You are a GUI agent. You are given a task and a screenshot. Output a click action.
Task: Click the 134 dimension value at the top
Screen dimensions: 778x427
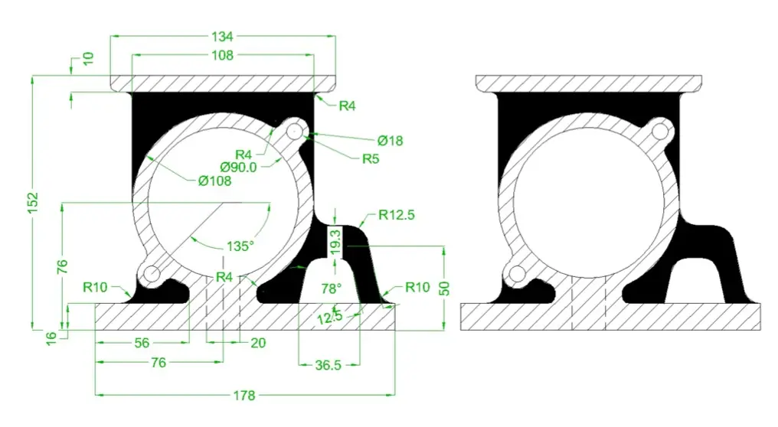point(222,36)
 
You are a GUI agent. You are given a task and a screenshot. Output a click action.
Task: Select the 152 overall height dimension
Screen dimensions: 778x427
point(33,202)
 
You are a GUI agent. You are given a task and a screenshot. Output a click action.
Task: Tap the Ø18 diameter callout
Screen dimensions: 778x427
point(390,141)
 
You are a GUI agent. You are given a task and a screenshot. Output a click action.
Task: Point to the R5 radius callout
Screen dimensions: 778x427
point(371,158)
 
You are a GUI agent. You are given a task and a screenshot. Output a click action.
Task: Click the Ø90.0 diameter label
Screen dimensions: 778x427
point(239,167)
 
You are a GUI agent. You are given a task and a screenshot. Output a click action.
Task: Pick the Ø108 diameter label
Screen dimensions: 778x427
point(215,181)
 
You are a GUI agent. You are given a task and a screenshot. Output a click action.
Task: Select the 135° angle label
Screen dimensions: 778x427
point(240,246)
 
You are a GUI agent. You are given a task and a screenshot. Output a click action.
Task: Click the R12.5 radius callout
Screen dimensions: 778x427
point(397,215)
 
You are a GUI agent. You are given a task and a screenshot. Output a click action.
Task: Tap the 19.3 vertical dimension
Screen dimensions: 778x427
point(336,242)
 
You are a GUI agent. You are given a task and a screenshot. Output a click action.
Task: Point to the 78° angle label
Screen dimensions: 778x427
point(331,288)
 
